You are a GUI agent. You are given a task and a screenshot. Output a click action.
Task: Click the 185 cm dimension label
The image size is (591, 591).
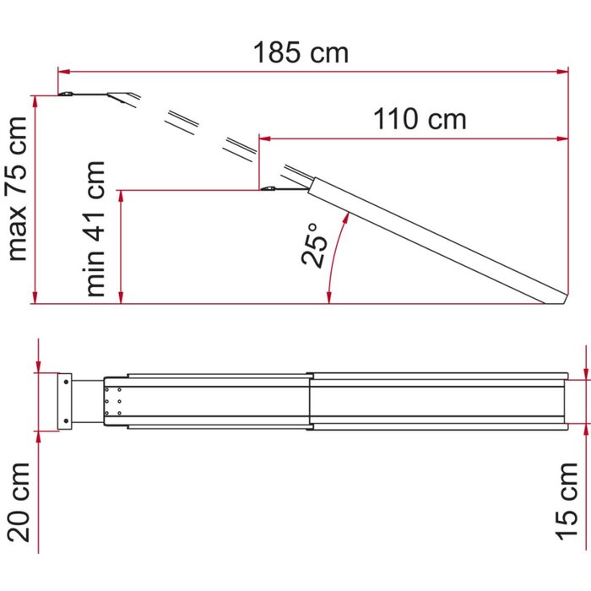pos(301,52)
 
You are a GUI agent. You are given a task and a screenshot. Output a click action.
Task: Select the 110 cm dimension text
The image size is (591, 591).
pos(420,119)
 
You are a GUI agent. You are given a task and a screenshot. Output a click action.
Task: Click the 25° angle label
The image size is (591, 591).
pos(314,245)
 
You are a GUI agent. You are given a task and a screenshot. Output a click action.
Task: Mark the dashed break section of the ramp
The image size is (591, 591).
pos(211,132)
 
